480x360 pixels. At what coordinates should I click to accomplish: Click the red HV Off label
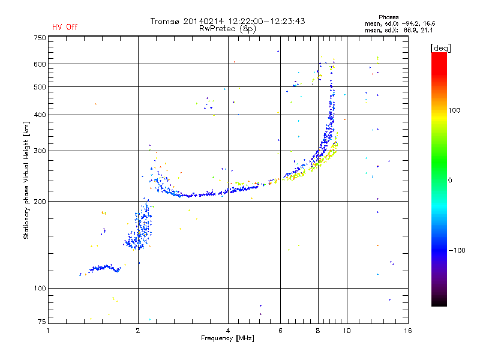[x=64, y=27]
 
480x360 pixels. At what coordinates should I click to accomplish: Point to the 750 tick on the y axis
[x=40, y=38]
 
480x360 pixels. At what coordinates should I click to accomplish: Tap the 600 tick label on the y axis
[x=40, y=64]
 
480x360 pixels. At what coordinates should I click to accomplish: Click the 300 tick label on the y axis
[x=40, y=151]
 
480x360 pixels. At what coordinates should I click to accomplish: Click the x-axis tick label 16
[x=407, y=331]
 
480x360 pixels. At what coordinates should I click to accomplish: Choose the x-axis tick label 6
[x=280, y=331]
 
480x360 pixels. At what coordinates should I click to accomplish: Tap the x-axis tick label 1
[x=49, y=331]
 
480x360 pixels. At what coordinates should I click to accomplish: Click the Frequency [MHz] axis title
[x=227, y=338]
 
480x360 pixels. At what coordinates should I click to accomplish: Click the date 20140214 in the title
[x=200, y=21]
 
